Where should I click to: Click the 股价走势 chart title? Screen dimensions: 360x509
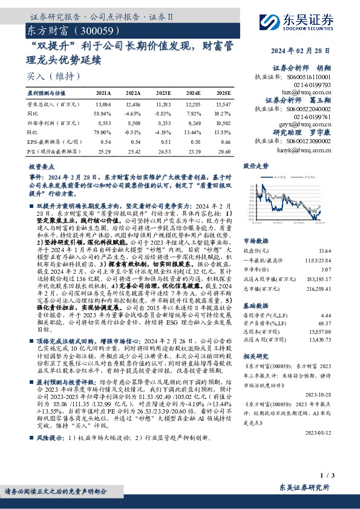click(255, 165)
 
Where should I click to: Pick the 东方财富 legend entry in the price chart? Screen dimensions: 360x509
click(279, 177)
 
